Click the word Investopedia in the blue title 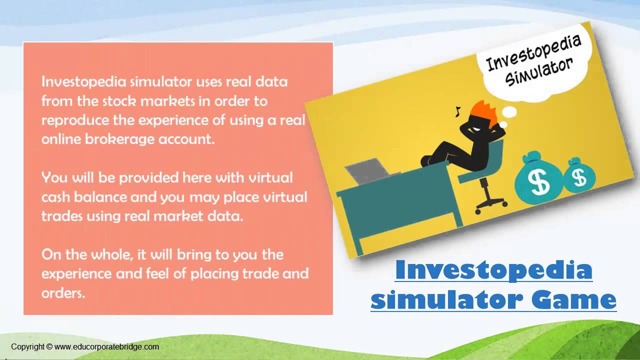click(x=493, y=270)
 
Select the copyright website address click(x=106, y=346)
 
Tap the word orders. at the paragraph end click(x=63, y=293)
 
